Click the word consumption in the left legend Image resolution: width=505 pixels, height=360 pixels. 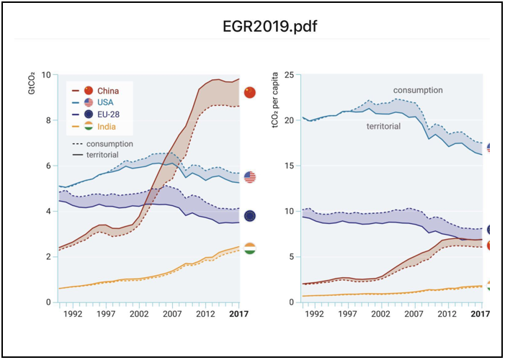coord(110,144)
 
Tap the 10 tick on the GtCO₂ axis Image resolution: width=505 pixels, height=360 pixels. coord(46,75)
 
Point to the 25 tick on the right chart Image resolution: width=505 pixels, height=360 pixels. coord(289,75)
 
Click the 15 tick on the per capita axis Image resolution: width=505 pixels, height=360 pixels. coord(289,166)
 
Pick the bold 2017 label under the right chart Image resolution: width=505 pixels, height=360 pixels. coord(480,314)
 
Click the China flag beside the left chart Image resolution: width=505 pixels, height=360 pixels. coord(250,92)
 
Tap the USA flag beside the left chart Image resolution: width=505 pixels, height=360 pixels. coord(250,177)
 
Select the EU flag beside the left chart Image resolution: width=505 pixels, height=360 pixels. coord(250,216)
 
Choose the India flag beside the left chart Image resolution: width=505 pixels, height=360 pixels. coord(250,249)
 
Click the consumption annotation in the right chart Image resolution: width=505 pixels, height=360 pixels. coord(418,90)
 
